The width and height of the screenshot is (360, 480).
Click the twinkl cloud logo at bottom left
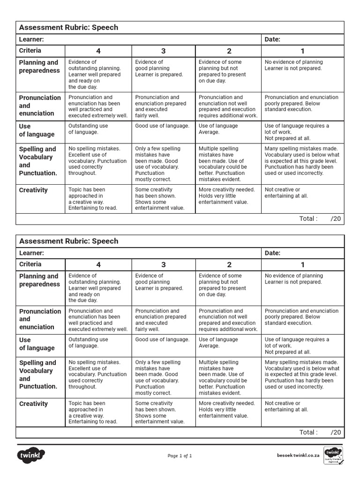pos(31,455)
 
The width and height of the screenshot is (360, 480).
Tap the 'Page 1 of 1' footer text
pos(180,456)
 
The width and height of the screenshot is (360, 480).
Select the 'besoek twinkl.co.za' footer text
pos(298,455)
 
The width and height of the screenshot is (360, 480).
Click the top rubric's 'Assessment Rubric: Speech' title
pos(68,27)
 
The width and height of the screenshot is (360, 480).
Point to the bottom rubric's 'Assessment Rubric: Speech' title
pos(68,241)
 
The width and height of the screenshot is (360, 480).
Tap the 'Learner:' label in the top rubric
pos(31,39)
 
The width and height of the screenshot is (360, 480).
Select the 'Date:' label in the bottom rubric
pos(272,253)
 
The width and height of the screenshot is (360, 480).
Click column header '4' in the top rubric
pos(98,51)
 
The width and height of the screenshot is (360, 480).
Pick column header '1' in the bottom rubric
pos(302,265)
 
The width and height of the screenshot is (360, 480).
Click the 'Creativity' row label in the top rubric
pos(33,190)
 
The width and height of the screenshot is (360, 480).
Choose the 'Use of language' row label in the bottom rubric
pos(37,344)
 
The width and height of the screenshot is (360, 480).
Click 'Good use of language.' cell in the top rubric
pos(162,126)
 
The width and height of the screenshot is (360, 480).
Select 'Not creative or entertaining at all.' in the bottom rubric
pos(286,406)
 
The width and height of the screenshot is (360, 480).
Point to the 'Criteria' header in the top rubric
pos(30,51)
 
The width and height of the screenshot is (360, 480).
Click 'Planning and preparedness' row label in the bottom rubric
pos(39,280)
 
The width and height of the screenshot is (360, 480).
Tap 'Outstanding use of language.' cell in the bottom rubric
pos(88,343)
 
